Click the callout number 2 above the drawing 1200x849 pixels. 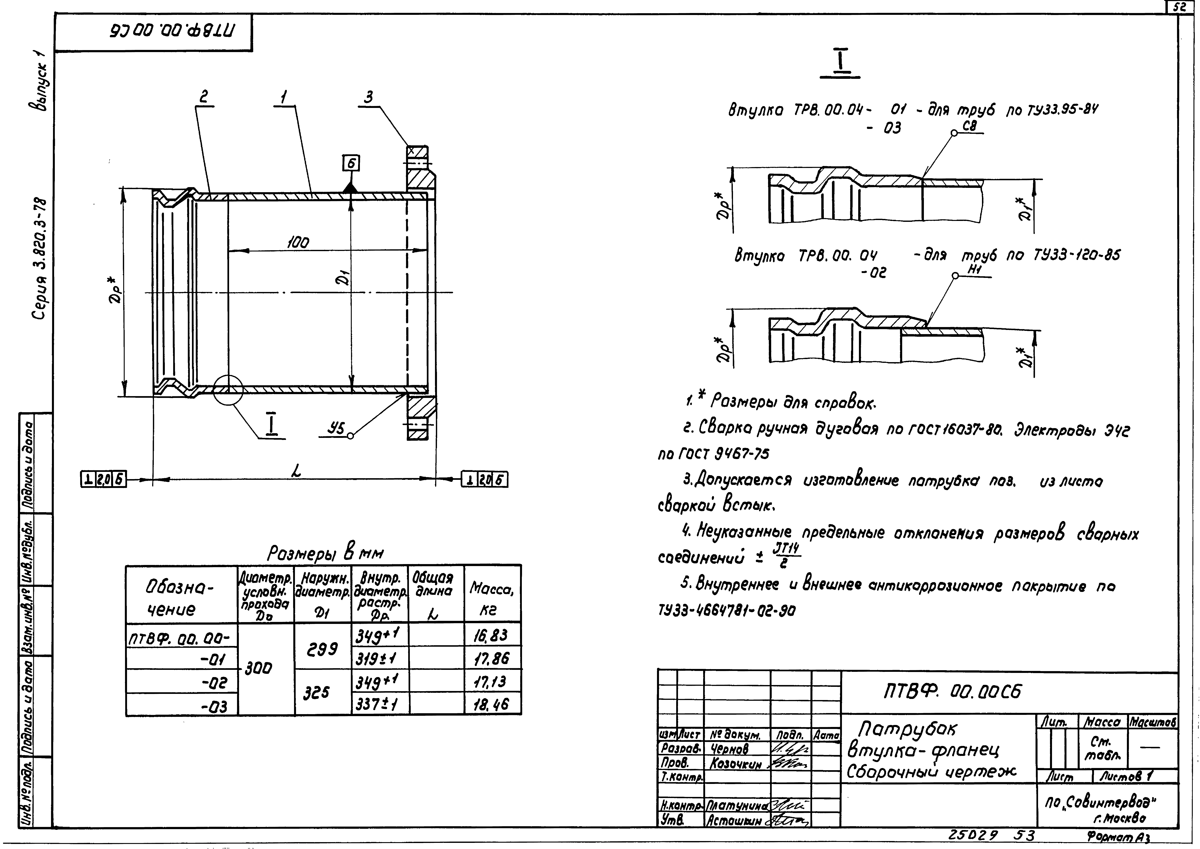pos(204,97)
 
